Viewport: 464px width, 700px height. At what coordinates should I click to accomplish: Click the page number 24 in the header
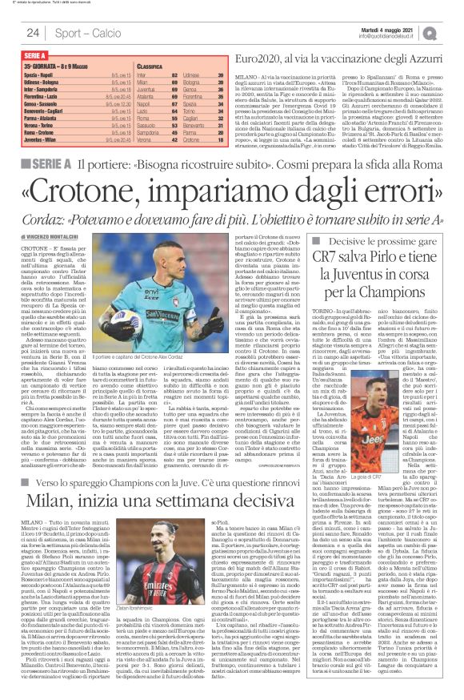34,32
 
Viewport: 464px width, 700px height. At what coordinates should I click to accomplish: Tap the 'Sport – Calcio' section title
86,33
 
